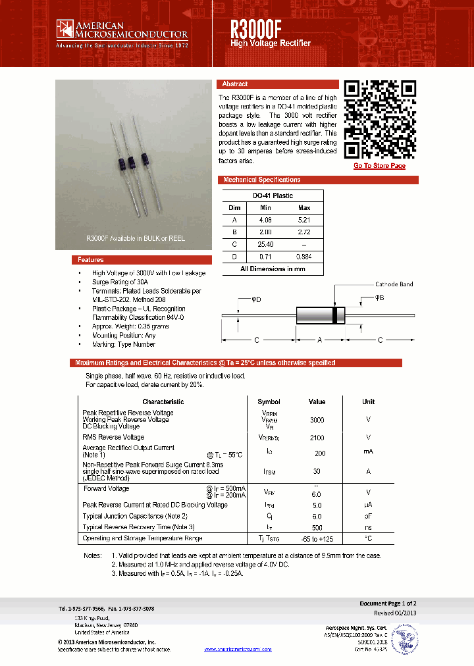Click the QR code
coord(380,118)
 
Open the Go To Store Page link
coord(379,166)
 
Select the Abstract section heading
coord(235,84)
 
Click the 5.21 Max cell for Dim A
coord(303,220)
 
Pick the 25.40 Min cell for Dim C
coord(265,243)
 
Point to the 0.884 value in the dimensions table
coord(303,256)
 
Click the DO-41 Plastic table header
coord(273,195)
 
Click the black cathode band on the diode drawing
coord(335,315)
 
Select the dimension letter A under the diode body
coord(320,340)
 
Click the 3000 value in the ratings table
coord(317,420)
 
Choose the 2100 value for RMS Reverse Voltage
coord(317,437)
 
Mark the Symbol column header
coord(269,401)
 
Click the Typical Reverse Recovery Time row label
coord(138,527)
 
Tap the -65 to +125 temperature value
coord(317,539)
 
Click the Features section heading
coord(90,260)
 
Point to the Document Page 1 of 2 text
coord(388,603)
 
